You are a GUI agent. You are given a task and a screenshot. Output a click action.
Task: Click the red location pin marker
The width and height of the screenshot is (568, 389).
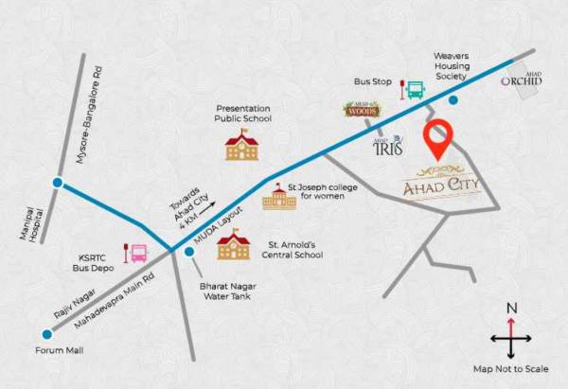click(437, 140)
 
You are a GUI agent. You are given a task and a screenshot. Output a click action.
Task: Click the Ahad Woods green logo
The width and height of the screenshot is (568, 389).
click(361, 110)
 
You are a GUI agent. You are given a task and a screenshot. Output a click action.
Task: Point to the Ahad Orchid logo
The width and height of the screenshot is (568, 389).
click(522, 80)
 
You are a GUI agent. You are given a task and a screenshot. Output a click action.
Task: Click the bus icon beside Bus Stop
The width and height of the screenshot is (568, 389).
click(415, 89)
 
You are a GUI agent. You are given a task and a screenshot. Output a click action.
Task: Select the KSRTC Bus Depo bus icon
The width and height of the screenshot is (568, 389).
click(137, 253)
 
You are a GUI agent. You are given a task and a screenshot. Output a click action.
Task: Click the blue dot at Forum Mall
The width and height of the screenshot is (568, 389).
click(46, 333)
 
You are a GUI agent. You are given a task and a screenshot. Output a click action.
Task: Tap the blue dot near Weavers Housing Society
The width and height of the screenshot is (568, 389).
click(453, 99)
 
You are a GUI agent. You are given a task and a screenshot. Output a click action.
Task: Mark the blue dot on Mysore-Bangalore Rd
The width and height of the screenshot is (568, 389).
click(58, 183)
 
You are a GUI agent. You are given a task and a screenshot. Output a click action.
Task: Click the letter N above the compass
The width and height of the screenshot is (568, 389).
click(511, 308)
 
